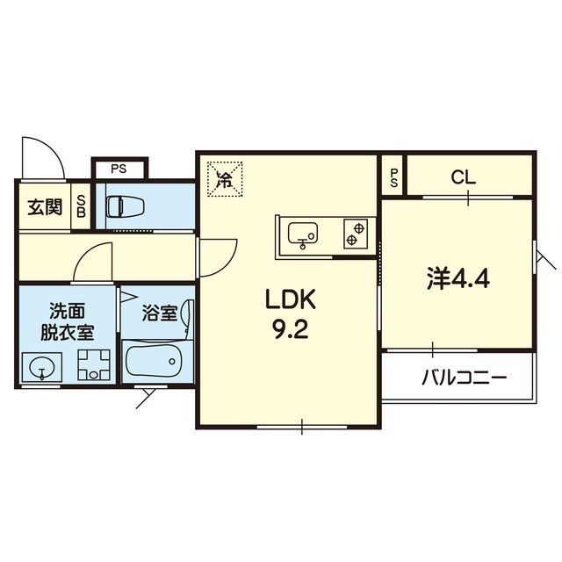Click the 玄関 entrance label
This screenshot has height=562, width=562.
point(44,207)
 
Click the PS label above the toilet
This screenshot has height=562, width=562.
point(120,168)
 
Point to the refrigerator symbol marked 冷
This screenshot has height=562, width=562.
point(225,180)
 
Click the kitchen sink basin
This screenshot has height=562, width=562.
point(304,234)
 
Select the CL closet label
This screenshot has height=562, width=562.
point(465,177)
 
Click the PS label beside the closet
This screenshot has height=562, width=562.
point(394,177)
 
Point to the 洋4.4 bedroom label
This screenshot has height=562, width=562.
point(458,279)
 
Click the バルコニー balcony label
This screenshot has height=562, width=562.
point(465,379)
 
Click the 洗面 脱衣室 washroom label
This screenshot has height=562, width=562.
point(66,321)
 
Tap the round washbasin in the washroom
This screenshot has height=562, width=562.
point(40,369)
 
